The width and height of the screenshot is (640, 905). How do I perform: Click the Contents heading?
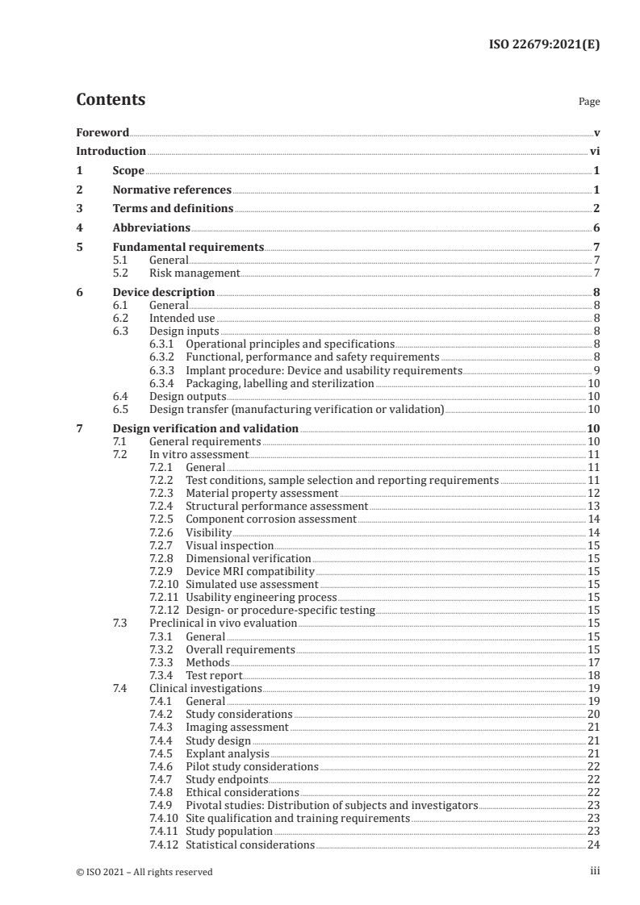pos(111,100)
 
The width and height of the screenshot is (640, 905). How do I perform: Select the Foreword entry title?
pos(102,132)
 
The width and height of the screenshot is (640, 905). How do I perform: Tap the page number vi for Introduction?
pos(594,151)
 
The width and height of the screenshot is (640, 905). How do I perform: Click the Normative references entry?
pos(172,190)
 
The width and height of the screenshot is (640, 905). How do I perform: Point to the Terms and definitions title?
pos(173,209)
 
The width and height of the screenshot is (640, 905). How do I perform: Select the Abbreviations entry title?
pos(151,228)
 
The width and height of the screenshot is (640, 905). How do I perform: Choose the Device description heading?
pos(164,293)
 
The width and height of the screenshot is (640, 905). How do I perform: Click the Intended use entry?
pos(182,319)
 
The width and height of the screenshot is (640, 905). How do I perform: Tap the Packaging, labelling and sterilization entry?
pos(279,384)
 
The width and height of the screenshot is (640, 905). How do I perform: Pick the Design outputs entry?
pos(187,397)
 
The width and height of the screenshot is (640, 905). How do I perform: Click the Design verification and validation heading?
pos(206,429)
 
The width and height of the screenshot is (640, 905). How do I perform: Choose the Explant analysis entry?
pos(228,753)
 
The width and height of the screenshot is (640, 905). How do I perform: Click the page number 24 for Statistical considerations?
pos(593,845)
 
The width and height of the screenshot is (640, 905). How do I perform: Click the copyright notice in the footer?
pos(144,872)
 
